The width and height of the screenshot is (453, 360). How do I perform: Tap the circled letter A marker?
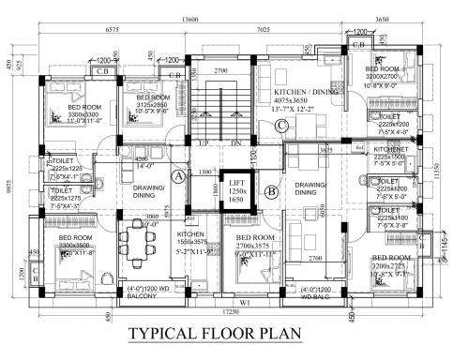pyautogui.click(x=178, y=176)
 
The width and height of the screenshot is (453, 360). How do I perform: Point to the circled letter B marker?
pyautogui.click(x=270, y=193)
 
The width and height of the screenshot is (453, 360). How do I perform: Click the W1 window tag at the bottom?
pyautogui.click(x=245, y=302)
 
